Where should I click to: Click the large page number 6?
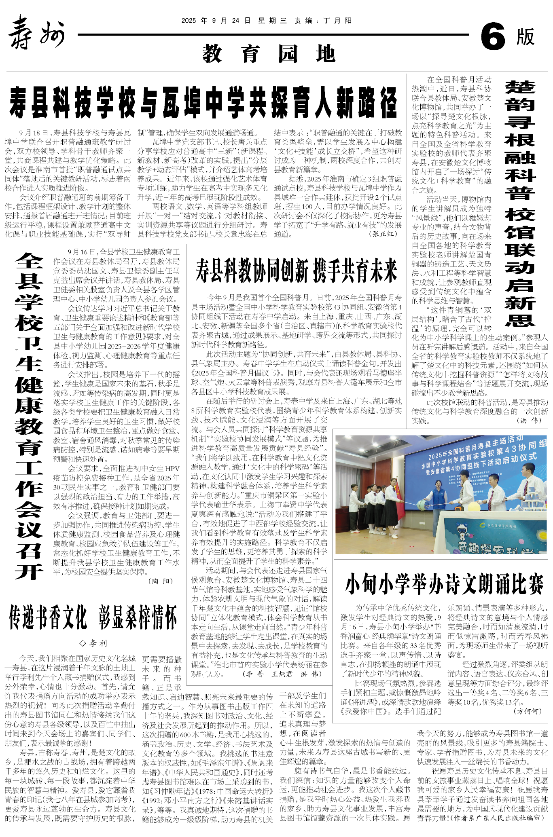pos(493,37)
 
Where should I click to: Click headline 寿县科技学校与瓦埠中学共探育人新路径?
pos(203,102)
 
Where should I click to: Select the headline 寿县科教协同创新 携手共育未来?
pos(297,271)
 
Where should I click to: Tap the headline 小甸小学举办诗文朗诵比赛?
pos(444,584)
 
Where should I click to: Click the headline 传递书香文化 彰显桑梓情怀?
pos(93,617)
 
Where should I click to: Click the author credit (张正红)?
pos(383,234)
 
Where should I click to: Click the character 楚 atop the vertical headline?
pos(520,87)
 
